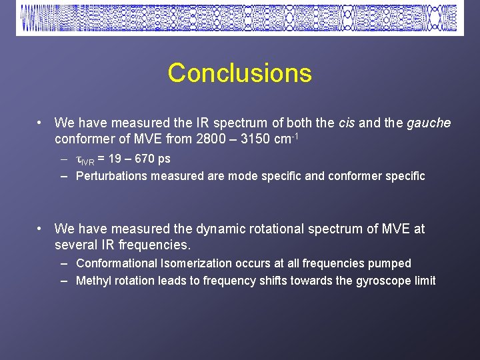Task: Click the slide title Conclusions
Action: pyautogui.click(x=239, y=73)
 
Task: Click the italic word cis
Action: pyautogui.click(x=347, y=123)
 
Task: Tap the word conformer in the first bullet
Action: pyautogui.click(x=83, y=140)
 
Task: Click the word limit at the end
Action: pyautogui.click(x=424, y=281)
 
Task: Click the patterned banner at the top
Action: pyautogui.click(x=239, y=18)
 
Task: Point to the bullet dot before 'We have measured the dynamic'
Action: pyautogui.click(x=41, y=229)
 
